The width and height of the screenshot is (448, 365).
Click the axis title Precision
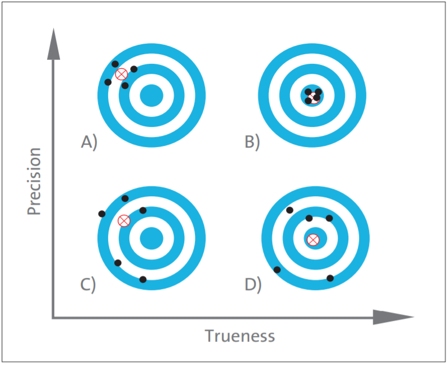(34, 181)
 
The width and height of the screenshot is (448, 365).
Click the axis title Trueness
(240, 336)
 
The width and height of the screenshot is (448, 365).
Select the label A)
(89, 142)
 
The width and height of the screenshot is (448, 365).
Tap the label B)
(253, 142)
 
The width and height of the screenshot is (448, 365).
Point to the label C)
(88, 285)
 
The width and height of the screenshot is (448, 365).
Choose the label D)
(253, 285)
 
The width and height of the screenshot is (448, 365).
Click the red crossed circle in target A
(122, 74)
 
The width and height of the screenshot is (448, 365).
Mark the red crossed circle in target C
(124, 221)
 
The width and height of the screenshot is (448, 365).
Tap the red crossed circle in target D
(313, 240)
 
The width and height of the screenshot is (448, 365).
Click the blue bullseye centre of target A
(151, 96)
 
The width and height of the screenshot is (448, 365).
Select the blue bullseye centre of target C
(151, 238)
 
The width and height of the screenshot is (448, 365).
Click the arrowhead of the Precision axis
(53, 44)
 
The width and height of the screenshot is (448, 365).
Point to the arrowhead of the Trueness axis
(394, 317)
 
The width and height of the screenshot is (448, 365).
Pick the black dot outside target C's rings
(102, 214)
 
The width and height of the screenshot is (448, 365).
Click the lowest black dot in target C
(143, 279)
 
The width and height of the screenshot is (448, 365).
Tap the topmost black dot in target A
(115, 64)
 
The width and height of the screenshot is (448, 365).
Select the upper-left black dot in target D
(290, 210)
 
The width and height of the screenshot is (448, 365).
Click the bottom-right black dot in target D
(330, 278)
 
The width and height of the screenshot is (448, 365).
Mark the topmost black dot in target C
(125, 198)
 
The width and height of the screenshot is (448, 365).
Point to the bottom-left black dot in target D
(277, 269)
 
